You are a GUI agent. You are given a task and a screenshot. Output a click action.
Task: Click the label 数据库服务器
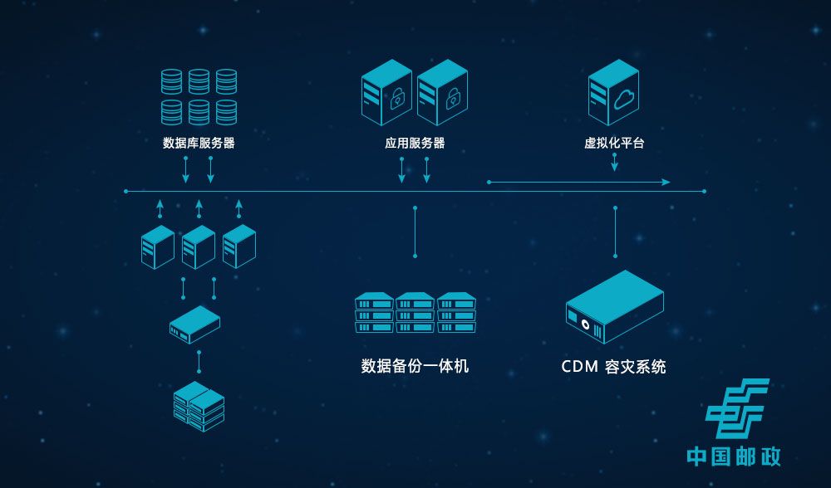[199, 143]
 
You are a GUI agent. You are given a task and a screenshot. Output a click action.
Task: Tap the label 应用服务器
[415, 143]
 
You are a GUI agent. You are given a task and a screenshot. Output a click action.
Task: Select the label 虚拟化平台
[614, 143]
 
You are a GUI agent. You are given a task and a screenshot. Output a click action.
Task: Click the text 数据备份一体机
[415, 366]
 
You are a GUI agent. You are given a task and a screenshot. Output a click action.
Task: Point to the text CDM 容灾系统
[613, 366]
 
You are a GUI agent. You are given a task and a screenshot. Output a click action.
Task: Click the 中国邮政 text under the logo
[734, 456]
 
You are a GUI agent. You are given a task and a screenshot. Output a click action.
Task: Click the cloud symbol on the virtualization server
[624, 101]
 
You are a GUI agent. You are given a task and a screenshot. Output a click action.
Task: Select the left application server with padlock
[386, 92]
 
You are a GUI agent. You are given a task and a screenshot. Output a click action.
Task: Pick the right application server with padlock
[442, 92]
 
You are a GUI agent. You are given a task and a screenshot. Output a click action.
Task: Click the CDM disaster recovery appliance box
[614, 306]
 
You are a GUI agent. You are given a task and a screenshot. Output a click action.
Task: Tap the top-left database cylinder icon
[171, 81]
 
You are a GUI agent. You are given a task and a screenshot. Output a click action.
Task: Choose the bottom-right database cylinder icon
[226, 112]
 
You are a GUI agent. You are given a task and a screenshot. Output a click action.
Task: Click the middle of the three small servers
[199, 246]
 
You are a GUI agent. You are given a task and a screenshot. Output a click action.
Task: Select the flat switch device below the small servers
[194, 325]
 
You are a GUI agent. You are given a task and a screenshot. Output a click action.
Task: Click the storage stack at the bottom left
[199, 406]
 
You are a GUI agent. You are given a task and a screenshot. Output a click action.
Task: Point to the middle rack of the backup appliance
[415, 312]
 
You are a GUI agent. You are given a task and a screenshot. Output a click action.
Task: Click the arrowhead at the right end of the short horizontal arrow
[666, 182]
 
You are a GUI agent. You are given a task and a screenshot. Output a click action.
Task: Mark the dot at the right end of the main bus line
[704, 192]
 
